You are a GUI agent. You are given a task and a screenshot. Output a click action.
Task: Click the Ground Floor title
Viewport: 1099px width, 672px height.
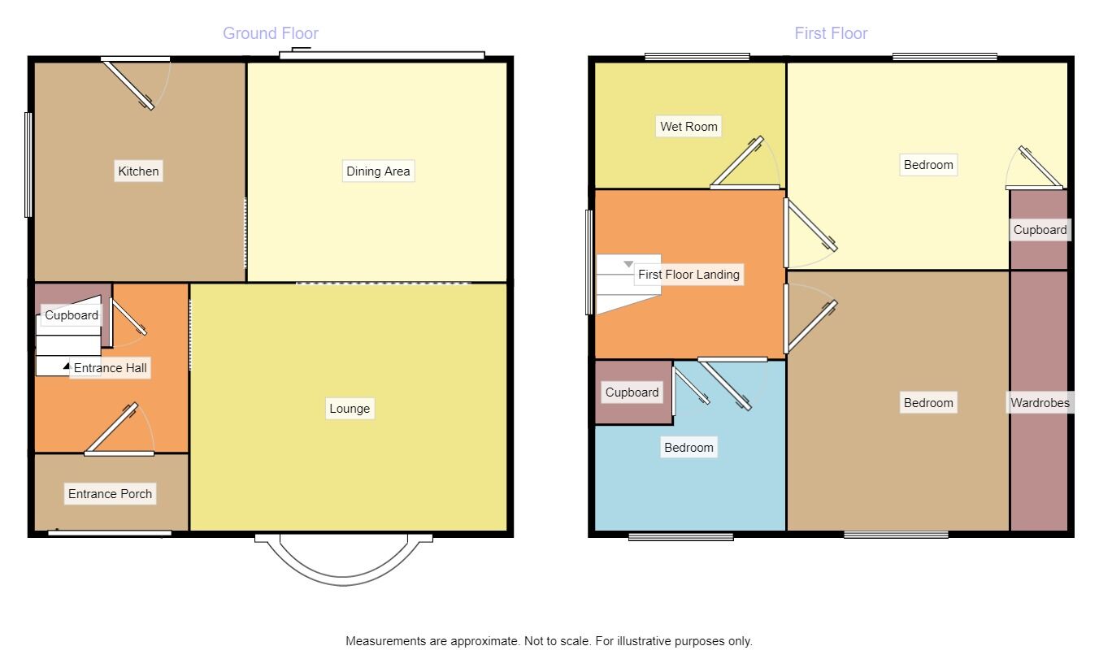click(x=271, y=33)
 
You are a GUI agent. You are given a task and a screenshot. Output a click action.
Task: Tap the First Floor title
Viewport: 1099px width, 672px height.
click(x=831, y=33)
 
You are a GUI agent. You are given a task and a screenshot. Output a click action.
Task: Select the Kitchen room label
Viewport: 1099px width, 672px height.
click(x=139, y=171)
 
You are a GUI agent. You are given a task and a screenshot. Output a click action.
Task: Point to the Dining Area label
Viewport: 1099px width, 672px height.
click(x=378, y=171)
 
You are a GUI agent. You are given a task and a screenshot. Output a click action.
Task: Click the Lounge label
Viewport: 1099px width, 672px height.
click(x=350, y=409)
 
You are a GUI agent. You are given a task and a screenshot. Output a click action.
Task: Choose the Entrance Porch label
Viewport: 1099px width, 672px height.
click(x=110, y=494)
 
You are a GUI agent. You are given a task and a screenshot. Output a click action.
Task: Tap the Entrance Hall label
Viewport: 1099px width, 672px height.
click(x=111, y=368)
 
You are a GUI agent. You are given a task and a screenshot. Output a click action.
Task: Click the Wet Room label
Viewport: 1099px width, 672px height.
click(x=689, y=127)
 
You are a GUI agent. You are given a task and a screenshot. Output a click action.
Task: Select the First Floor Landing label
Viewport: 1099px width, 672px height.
click(x=689, y=275)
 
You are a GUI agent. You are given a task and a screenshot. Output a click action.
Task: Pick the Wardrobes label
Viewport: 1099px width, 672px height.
click(x=1040, y=403)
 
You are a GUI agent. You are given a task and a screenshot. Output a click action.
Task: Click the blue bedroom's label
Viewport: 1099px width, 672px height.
click(x=689, y=448)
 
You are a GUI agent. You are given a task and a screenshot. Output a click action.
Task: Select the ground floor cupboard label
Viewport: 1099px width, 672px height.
click(x=72, y=315)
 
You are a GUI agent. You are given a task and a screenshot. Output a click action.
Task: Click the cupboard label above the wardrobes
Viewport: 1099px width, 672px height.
click(x=1040, y=230)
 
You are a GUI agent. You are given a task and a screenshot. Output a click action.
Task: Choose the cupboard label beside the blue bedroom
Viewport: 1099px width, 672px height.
click(x=632, y=392)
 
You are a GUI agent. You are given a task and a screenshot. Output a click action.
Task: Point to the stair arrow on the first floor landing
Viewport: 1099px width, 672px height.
click(x=628, y=264)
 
